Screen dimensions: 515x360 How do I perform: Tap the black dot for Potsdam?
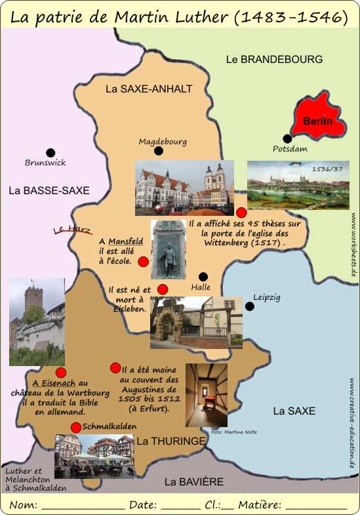[x=287, y=138]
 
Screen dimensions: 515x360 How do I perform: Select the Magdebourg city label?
[x=163, y=141]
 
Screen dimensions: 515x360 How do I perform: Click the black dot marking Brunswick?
[x=50, y=152]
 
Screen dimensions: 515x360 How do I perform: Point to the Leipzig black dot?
[x=249, y=306]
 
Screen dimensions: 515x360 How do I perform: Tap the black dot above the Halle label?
[x=203, y=276]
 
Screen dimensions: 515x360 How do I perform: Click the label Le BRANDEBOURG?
[x=274, y=59]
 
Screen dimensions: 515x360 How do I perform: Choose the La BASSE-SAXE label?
[x=49, y=190]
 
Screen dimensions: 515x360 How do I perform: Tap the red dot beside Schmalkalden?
[x=76, y=427]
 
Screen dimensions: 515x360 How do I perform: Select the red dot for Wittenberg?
[x=241, y=212]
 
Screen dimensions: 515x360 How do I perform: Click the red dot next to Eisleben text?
[x=163, y=289]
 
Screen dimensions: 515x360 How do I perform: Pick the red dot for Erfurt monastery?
[x=115, y=367]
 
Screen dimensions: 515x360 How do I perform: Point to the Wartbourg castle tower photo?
[x=37, y=321]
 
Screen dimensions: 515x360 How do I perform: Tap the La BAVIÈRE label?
[x=194, y=482]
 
